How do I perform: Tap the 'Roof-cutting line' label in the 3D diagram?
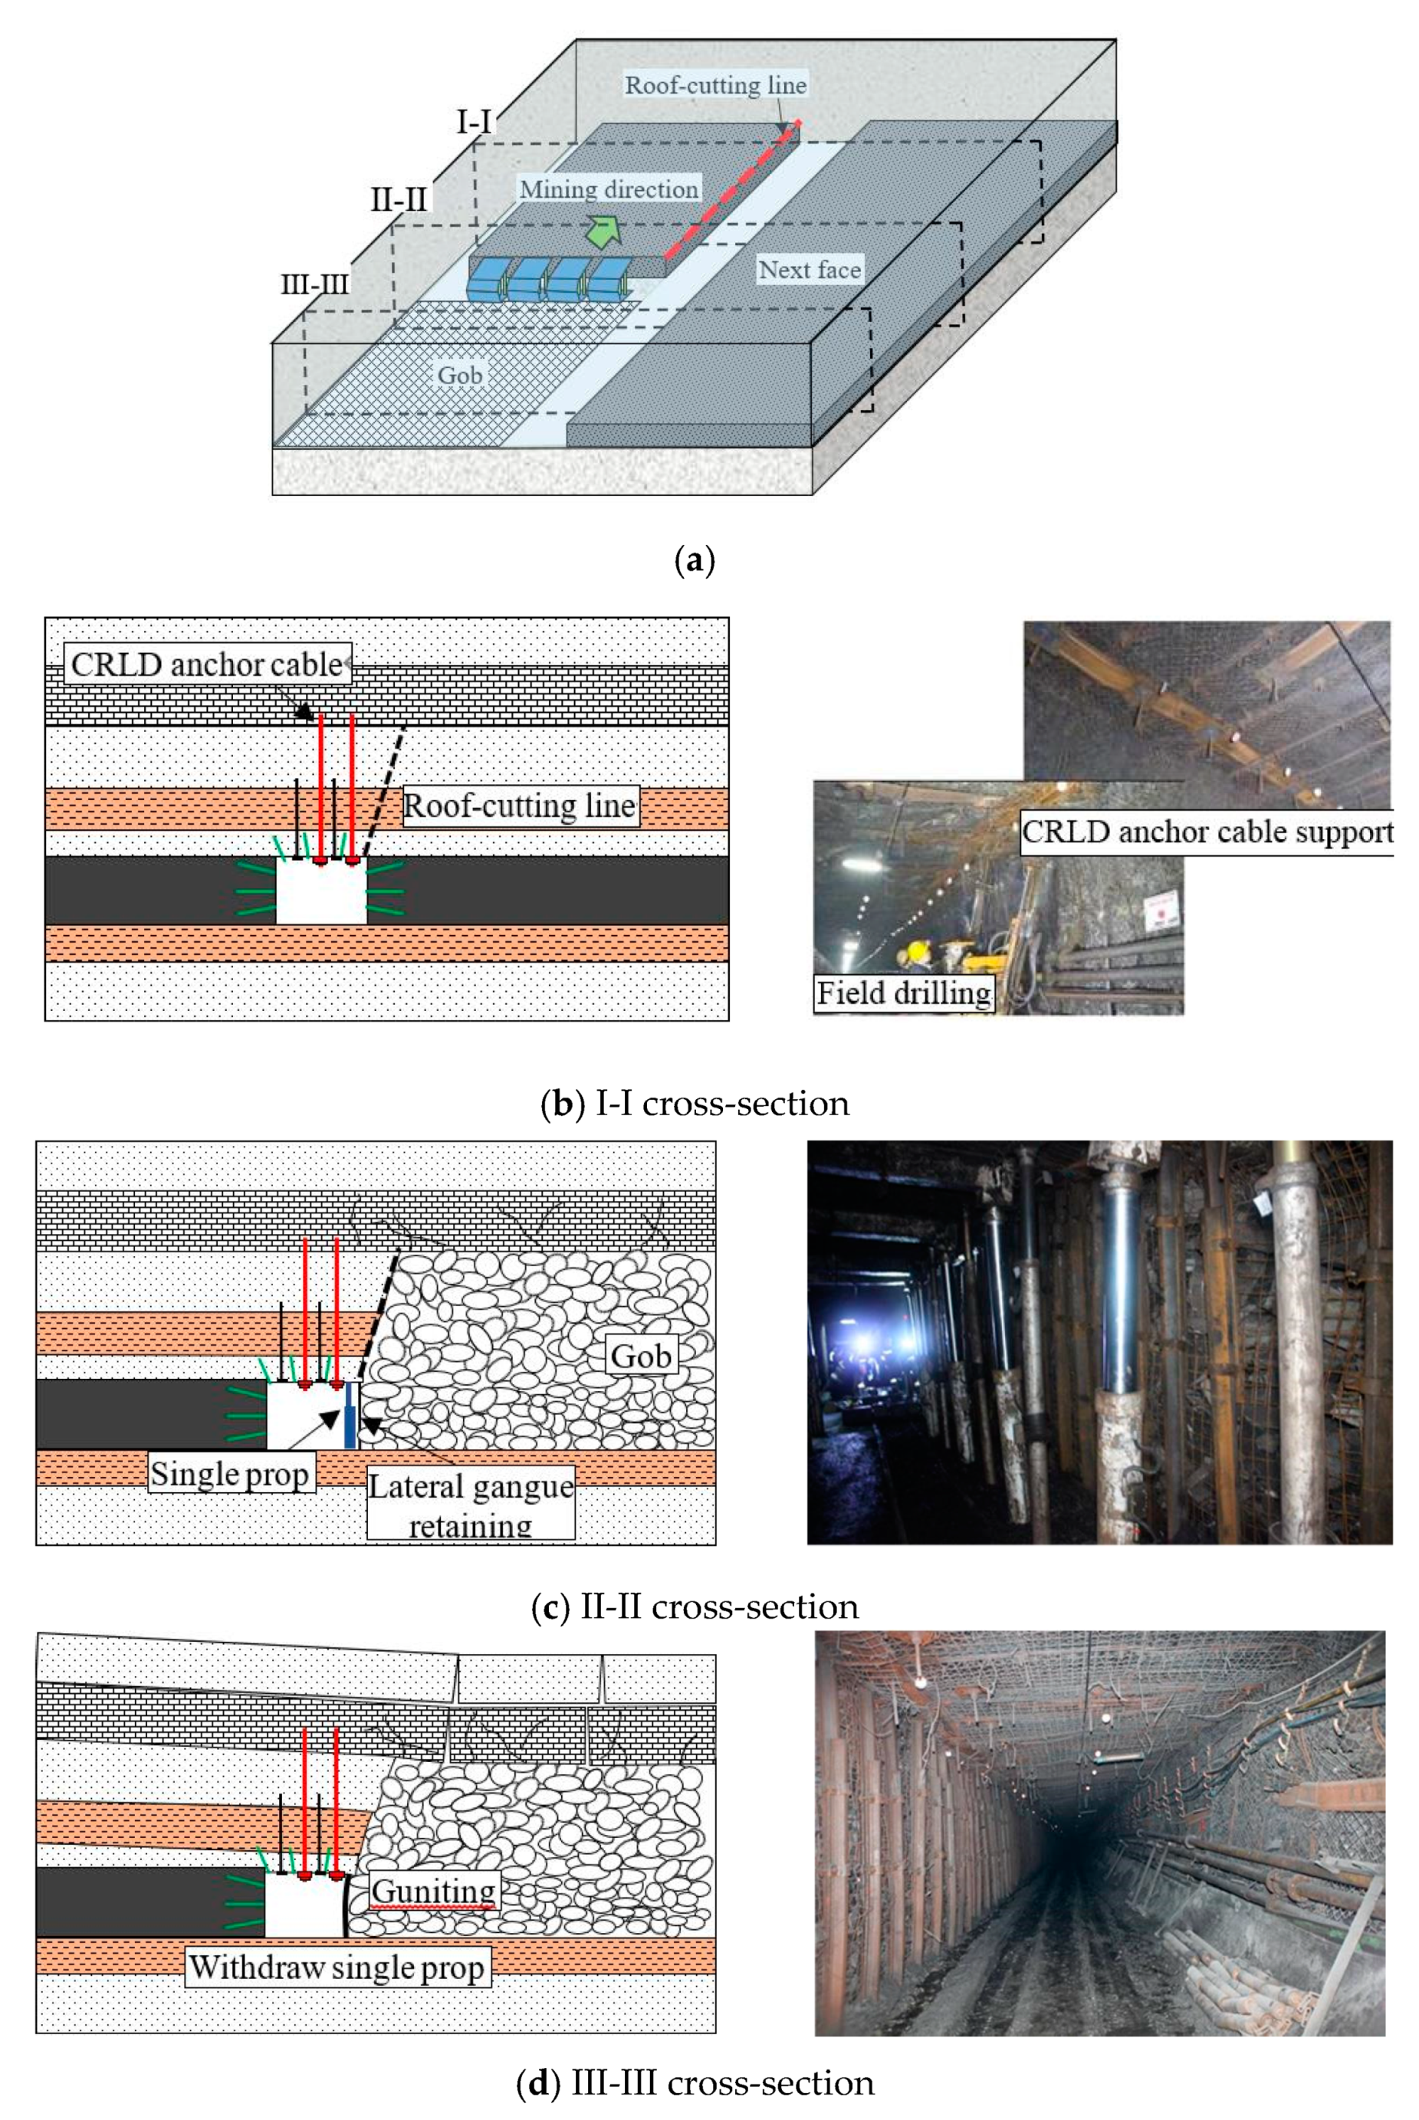pos(716,85)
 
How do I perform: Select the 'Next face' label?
pos(809,270)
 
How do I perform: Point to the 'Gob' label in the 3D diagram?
pos(460,375)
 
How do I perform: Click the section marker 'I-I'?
pos(475,120)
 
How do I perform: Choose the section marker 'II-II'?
pos(398,199)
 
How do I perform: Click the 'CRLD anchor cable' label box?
pos(207,665)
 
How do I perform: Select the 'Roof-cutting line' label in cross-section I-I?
pos(520,806)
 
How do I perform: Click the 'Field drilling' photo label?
pos(903,993)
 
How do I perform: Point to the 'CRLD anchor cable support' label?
pos(1207,832)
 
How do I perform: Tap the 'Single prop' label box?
pos(230,1474)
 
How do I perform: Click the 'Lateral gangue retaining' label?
pos(471,1504)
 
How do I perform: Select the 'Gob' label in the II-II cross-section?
pos(642,1357)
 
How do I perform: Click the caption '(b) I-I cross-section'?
pos(695,1103)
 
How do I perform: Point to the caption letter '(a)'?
pos(695,560)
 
